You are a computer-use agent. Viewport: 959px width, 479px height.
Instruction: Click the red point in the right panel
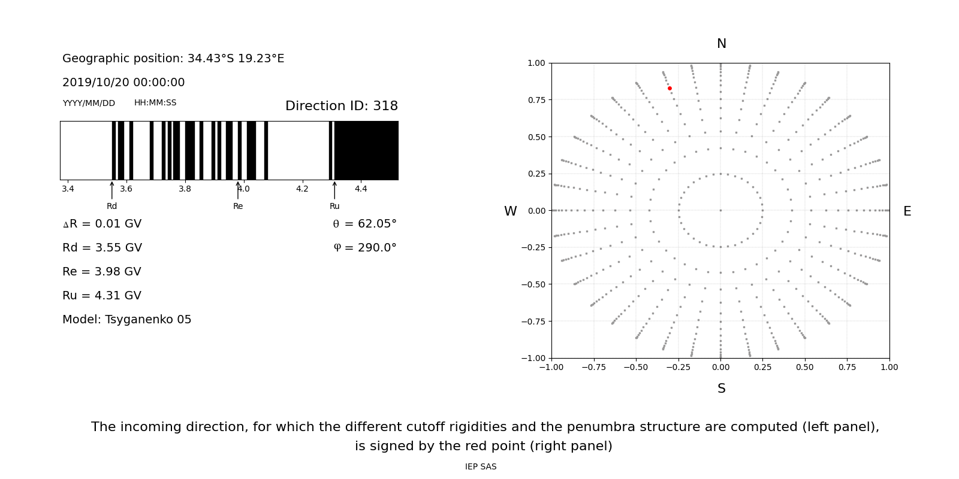[x=670, y=89]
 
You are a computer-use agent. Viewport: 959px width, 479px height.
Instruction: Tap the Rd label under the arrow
[x=112, y=207]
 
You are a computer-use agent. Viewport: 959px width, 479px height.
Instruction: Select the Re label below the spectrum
[x=238, y=207]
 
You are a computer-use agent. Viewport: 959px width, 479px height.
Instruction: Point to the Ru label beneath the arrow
[x=334, y=207]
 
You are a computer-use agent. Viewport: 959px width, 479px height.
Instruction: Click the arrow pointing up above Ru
[x=334, y=190]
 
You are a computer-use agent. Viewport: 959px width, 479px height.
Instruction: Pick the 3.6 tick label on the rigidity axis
[x=126, y=189]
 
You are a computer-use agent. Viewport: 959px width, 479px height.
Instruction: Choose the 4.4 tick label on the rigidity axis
[x=361, y=189]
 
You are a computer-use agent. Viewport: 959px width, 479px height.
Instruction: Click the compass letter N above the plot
[x=721, y=44]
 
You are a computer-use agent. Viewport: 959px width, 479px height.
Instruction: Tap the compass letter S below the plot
[x=721, y=389]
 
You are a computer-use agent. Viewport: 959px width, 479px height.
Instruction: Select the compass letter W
[x=510, y=212]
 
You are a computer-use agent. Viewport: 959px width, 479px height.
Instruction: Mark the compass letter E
[x=907, y=212]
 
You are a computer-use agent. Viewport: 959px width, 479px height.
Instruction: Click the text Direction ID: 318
[x=341, y=107]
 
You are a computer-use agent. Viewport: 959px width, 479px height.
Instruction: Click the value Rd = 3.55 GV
[x=102, y=248]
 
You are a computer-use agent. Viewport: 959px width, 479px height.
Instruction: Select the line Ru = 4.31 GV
[x=102, y=296]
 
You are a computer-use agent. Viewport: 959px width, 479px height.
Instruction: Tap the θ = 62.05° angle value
[x=364, y=224]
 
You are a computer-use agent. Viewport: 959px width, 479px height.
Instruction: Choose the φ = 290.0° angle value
[x=364, y=248]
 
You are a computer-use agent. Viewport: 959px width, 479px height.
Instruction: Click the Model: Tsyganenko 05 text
[x=127, y=320]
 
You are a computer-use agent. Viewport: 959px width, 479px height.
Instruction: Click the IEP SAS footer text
[x=481, y=467]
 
